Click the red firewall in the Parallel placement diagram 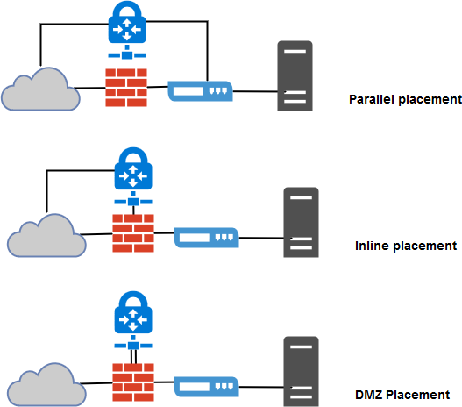(x=125, y=87)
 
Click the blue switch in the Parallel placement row (x=200, y=90)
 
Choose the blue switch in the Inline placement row (x=207, y=237)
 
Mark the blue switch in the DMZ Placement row (x=205, y=385)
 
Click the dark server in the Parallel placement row (x=295, y=75)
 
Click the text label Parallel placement (x=404, y=99)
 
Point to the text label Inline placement (x=406, y=246)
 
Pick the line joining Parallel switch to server (x=255, y=91)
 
